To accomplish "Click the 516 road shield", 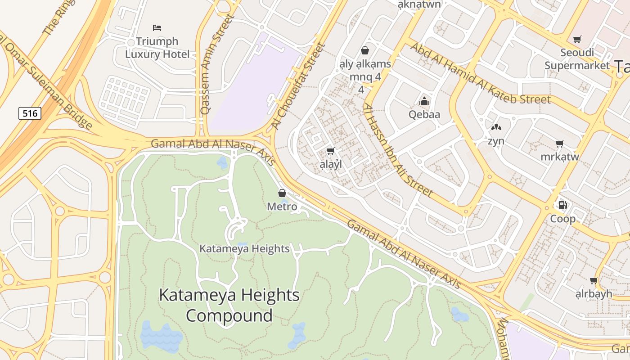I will click(30, 113).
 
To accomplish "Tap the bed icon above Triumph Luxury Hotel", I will click(157, 28).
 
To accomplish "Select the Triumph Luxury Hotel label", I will click(157, 48).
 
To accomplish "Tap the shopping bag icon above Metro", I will click(282, 193).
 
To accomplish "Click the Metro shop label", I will click(282, 207).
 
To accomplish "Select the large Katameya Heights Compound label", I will click(229, 305).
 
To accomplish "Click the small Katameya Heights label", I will click(244, 248).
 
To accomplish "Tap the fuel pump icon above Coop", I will click(562, 205).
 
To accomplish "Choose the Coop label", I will click(563, 219).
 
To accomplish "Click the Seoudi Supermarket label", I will click(577, 59).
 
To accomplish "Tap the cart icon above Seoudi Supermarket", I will click(577, 39).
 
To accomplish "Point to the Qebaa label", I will click(424, 114).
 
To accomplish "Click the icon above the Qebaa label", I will click(424, 102).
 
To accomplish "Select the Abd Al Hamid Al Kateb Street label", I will click(480, 74).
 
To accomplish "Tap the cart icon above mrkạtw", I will click(559, 144).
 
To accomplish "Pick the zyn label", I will click(496, 141).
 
